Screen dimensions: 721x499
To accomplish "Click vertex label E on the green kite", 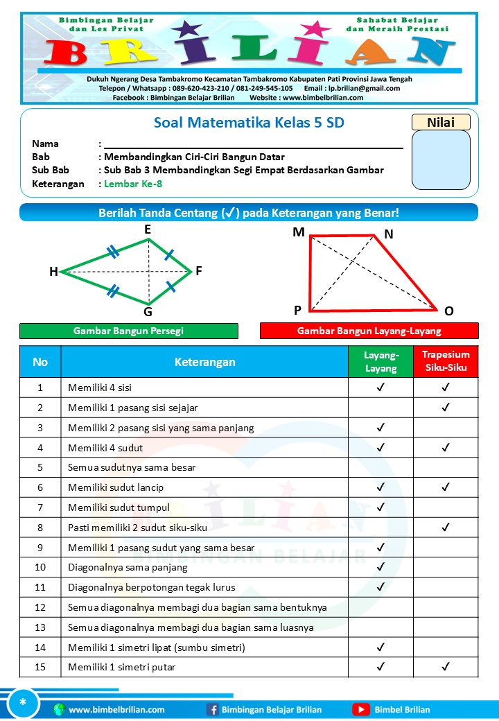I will pos(148,229).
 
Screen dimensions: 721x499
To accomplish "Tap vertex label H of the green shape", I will pos(53,272).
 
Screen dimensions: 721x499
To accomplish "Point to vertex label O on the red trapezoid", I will pos(448,311).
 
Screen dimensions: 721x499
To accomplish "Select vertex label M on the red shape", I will pos(299,232).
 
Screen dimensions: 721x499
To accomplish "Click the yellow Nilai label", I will pos(441,122).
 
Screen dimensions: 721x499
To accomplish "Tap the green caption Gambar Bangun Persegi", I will pos(128,331).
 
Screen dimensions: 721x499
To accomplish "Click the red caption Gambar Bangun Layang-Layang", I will pos(369,331).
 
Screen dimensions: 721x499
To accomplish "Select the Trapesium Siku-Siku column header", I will pos(446,361).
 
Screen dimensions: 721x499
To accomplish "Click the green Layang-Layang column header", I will pos(380,361).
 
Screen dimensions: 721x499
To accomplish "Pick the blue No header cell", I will pos(40,361).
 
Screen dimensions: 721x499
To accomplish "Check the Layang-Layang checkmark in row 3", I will pos(380,428).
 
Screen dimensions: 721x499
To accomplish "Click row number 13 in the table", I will pos(40,627).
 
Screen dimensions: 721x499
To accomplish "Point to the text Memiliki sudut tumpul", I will pos(119,507).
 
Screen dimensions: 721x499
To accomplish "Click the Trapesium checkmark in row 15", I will pos(446,668).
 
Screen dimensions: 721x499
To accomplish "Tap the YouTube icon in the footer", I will pos(360,709).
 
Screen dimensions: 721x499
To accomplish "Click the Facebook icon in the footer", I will pos(212,709).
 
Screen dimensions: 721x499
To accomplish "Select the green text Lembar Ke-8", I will pos(133,184).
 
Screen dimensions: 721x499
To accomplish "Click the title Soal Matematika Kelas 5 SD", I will pos(249,123).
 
